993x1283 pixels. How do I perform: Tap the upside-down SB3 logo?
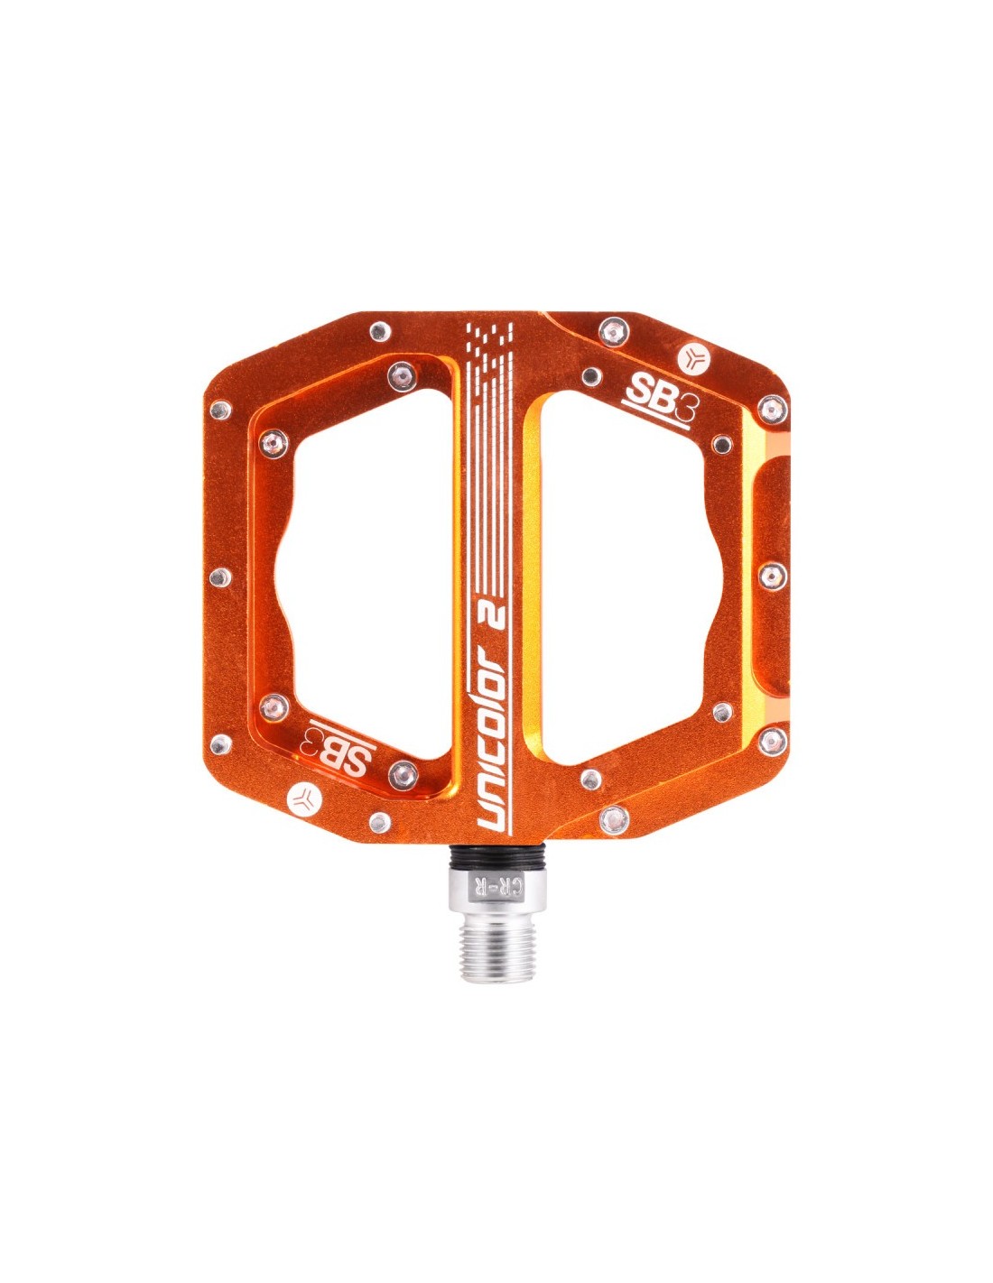click(336, 746)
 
